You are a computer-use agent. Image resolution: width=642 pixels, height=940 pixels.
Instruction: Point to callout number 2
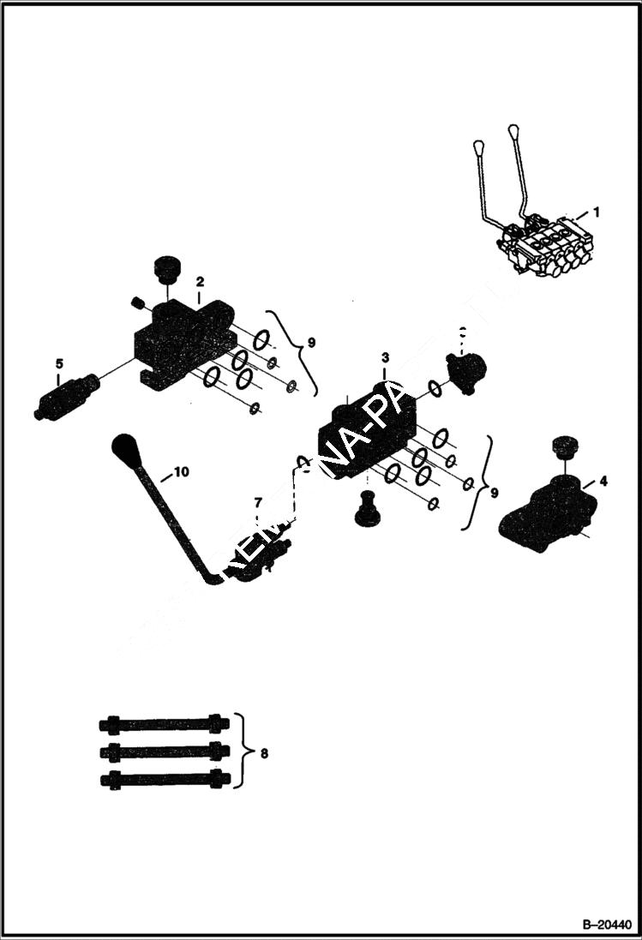(x=199, y=281)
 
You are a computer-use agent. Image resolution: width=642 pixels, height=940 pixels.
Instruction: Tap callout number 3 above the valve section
(x=386, y=356)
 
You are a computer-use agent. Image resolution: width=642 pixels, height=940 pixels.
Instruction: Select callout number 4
(x=603, y=482)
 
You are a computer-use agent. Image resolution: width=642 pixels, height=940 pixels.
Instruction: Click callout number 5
(x=59, y=362)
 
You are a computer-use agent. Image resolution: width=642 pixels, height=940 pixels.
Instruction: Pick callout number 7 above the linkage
(x=256, y=501)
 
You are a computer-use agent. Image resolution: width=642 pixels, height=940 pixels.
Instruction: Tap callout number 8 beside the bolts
(x=264, y=753)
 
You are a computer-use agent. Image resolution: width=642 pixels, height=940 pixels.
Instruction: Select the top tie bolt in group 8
(x=165, y=724)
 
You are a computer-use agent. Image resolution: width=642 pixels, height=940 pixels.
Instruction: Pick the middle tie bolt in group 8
(x=165, y=751)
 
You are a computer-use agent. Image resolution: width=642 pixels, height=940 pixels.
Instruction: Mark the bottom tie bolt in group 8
(x=165, y=780)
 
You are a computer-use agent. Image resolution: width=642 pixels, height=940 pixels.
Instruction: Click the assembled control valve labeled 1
(x=544, y=244)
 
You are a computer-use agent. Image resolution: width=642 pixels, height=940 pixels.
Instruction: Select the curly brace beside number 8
(x=243, y=751)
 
